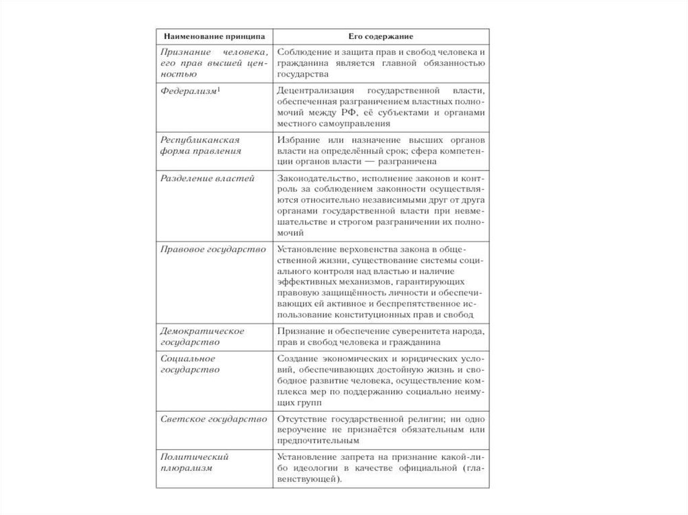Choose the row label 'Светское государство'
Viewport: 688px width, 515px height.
(204, 418)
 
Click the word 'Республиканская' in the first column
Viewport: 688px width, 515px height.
(191, 139)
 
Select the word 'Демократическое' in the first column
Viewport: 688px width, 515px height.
(192, 330)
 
